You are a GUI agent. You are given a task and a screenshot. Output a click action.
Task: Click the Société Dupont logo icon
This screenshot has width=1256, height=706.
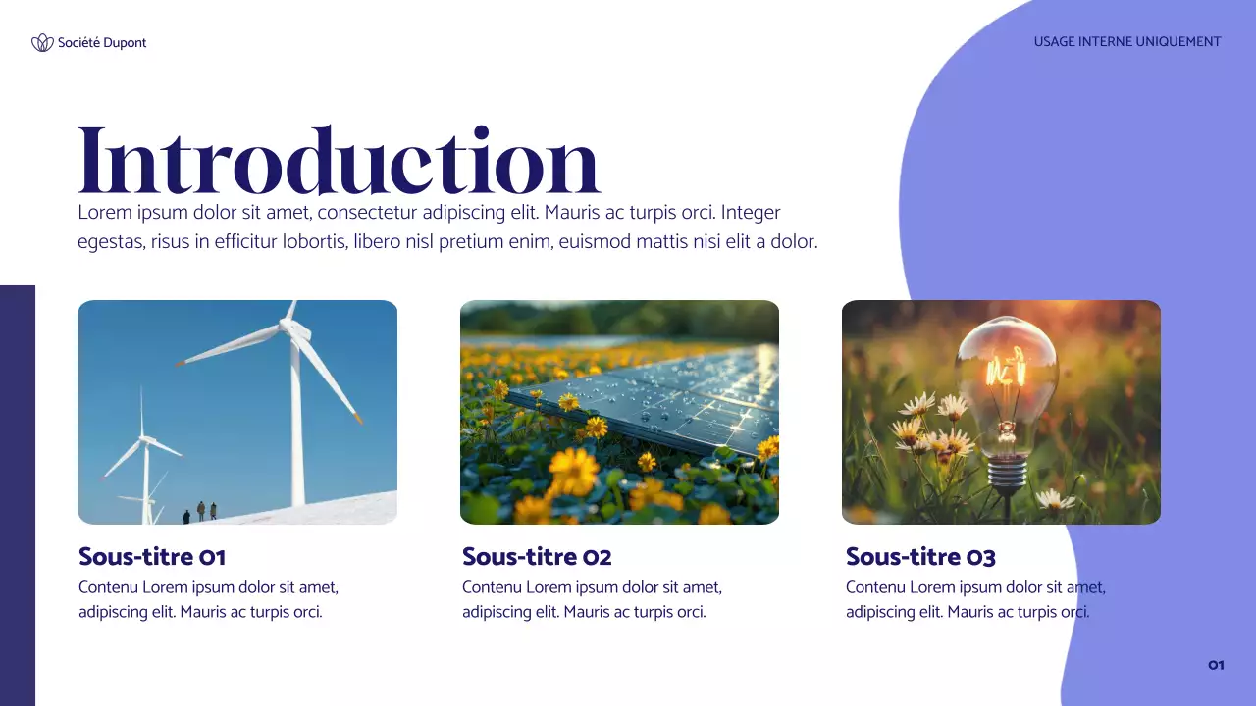click(42, 42)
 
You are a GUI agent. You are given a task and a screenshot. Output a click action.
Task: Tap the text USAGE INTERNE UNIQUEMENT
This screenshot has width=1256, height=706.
click(1126, 42)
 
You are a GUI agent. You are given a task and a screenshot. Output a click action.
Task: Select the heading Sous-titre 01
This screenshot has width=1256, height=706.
click(152, 557)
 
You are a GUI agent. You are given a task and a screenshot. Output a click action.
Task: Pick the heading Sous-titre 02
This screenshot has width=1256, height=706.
click(537, 557)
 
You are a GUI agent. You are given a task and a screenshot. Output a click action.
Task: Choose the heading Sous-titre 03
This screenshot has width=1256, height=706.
click(920, 557)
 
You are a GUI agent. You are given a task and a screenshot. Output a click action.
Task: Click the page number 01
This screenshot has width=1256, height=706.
click(1216, 665)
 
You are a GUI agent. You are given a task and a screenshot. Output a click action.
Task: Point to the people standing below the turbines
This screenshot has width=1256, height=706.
click(201, 511)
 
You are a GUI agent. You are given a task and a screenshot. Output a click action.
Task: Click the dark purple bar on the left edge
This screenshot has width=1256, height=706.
click(18, 495)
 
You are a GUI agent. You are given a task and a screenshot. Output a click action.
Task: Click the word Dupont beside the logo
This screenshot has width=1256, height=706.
click(125, 42)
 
